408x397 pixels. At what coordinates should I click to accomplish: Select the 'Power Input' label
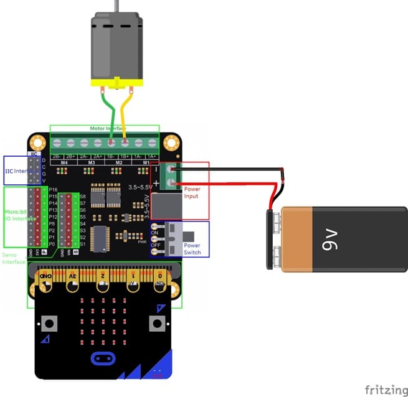point(192,192)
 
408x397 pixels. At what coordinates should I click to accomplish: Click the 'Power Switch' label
point(192,249)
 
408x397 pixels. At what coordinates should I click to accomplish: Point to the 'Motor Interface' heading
point(104,128)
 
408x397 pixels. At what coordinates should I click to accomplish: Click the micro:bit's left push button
point(49,324)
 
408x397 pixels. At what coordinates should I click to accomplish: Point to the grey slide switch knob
point(192,236)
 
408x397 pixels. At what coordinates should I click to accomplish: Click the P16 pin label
point(53,189)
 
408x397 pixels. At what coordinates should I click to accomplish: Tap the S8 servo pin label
point(83,196)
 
